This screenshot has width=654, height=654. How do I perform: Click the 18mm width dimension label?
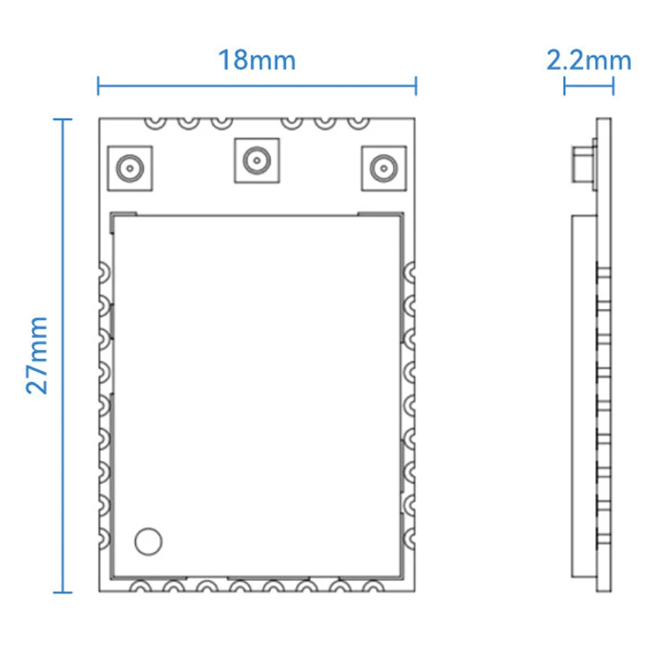click(x=256, y=60)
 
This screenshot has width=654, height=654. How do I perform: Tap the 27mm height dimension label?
click(x=37, y=355)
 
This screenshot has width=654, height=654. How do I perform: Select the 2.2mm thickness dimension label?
click(x=589, y=60)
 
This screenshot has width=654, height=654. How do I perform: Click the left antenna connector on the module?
click(x=131, y=168)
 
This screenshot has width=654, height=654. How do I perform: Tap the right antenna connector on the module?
click(x=383, y=168)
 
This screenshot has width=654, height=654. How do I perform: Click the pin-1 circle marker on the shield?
click(x=148, y=541)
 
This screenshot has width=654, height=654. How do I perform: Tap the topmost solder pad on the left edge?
click(x=104, y=271)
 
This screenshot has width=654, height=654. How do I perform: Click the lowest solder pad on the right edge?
click(x=409, y=537)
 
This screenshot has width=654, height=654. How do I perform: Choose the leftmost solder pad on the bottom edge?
click(x=139, y=587)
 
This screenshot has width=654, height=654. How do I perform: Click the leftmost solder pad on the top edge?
click(x=155, y=122)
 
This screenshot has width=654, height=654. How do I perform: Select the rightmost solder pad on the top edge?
click(x=358, y=122)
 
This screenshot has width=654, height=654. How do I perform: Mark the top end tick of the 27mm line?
click(x=63, y=119)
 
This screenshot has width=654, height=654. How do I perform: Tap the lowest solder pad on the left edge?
click(x=104, y=537)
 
